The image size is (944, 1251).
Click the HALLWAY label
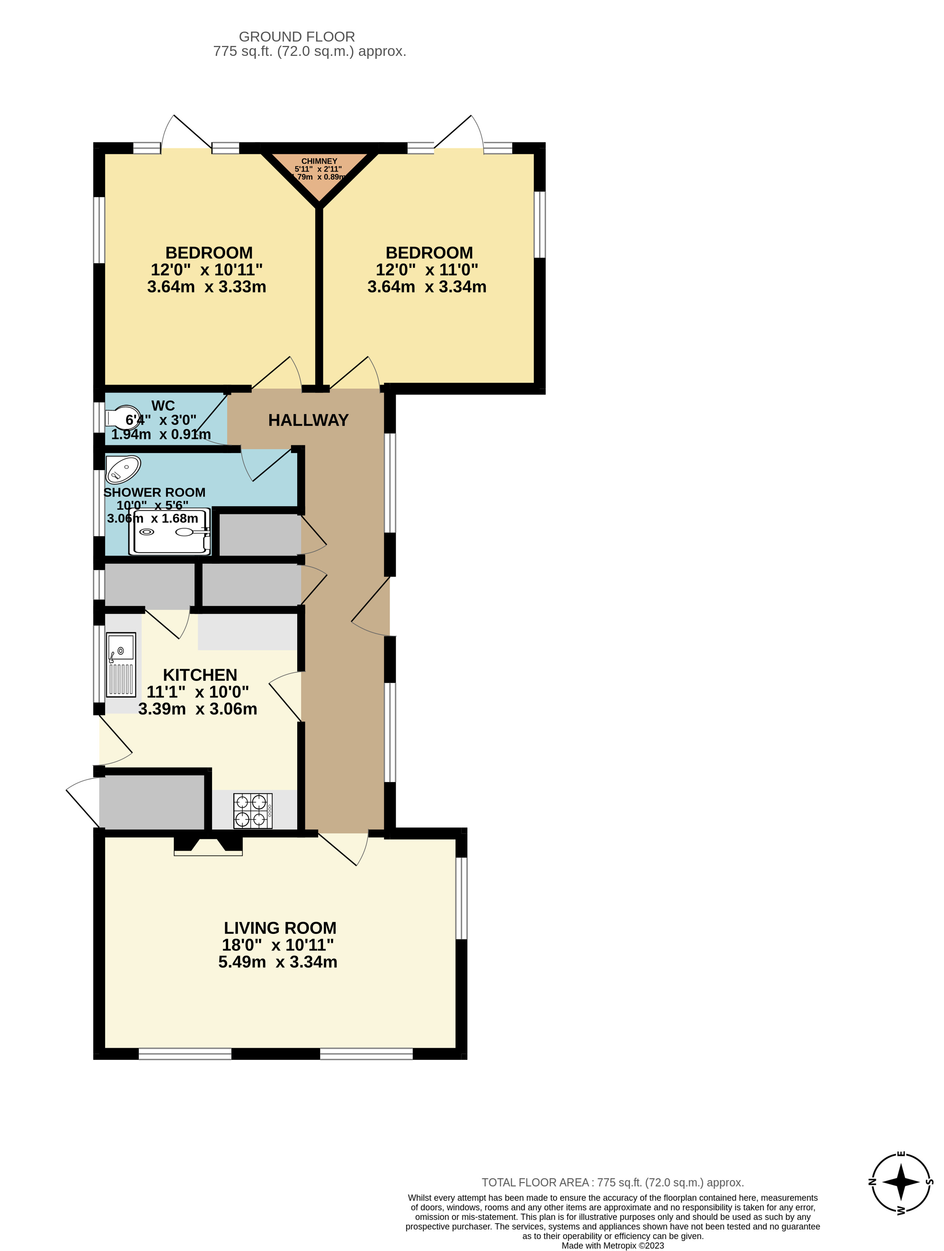pyautogui.click(x=308, y=420)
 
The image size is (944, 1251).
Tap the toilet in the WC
pyautogui.click(x=122, y=418)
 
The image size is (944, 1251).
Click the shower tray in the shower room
pyautogui.click(x=170, y=532)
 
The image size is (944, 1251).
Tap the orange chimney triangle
pyautogui.click(x=320, y=172)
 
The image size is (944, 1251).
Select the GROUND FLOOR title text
pyautogui.click(x=297, y=37)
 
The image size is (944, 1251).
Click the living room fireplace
pyautogui.click(x=208, y=846)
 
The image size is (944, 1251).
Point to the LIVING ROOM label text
pyautogui.click(x=280, y=928)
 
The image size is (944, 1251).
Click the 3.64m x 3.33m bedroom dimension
pyautogui.click(x=207, y=287)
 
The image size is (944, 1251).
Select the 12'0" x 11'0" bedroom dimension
pyautogui.click(x=427, y=270)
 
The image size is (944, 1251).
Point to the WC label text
pyautogui.click(x=163, y=405)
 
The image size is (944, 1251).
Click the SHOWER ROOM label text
pyautogui.click(x=154, y=492)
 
